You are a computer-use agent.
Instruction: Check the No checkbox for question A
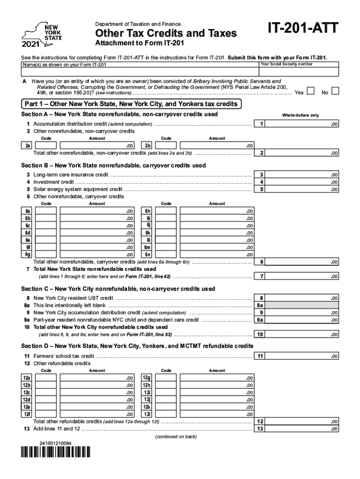[335, 92]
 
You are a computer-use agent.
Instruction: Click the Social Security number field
[298, 72]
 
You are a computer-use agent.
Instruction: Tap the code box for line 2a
[46, 145]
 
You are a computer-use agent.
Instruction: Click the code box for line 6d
[46, 232]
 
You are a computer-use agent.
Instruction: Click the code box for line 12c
[46, 392]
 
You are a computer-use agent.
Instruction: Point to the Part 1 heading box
[131, 104]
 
